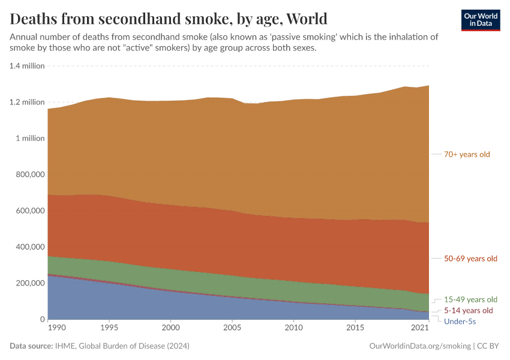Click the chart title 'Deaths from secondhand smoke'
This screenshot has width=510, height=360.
pos(169,18)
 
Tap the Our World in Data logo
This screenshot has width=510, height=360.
pos(480,20)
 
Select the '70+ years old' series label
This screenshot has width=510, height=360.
pos(467,154)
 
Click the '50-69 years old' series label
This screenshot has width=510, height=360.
pos(470,259)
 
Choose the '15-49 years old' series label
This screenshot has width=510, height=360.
pos(470,299)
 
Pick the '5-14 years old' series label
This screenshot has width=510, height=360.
pos(468,311)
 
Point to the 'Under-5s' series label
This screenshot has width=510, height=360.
pos(460,322)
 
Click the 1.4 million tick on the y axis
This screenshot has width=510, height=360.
pos(27,66)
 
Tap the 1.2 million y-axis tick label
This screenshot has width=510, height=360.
pos(27,102)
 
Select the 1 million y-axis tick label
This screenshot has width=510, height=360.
pos(29,138)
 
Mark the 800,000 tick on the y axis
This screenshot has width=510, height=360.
pos(29,175)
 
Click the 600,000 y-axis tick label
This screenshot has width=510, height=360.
pos(29,211)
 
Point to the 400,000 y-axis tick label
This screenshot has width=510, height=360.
pos(29,247)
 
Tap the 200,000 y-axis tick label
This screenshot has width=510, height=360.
pos(29,283)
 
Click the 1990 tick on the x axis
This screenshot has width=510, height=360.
pos(56,328)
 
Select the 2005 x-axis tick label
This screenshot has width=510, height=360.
pos(232,328)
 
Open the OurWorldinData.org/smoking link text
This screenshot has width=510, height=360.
pos(419,346)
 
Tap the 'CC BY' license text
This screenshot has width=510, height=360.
pos(488,346)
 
